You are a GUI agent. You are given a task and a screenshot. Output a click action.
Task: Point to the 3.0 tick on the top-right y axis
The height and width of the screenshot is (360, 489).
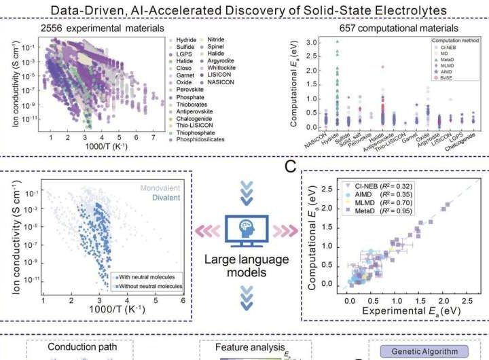312,42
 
